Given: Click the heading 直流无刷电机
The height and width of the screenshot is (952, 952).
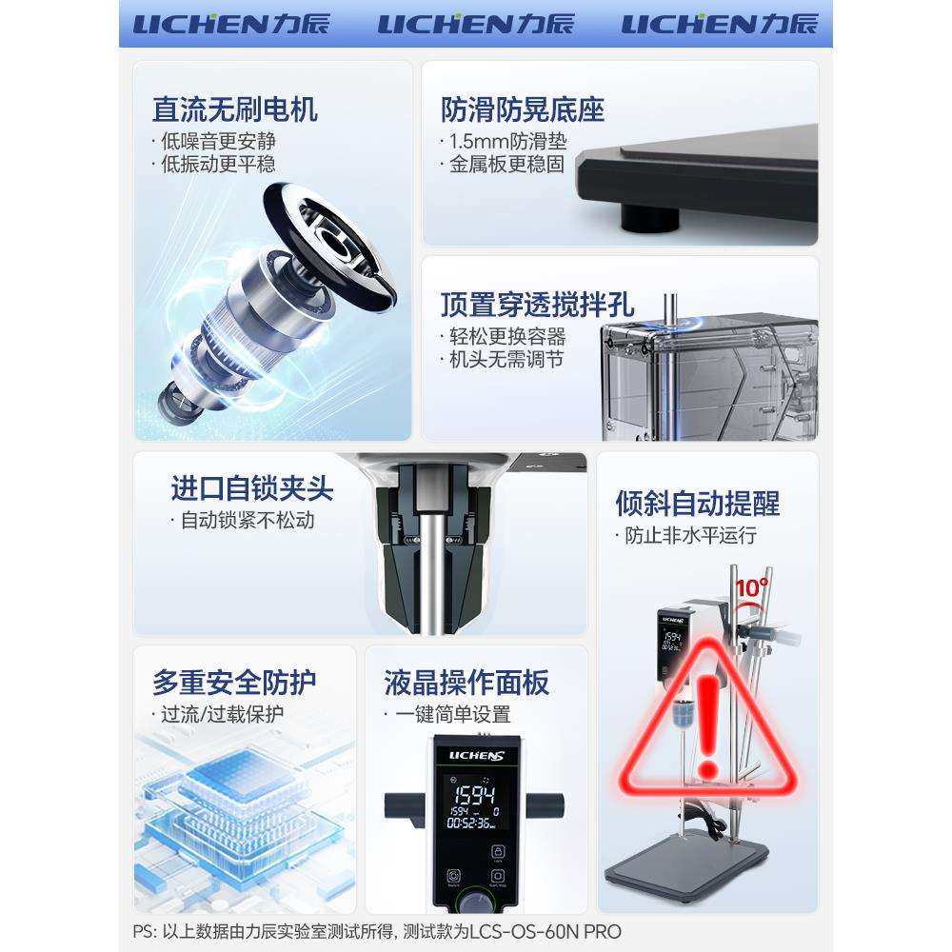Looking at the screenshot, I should coord(234,109).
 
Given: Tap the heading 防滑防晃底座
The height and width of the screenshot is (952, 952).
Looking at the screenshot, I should coord(523,109).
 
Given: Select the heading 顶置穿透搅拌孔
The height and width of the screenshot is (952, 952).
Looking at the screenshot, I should coord(537,305).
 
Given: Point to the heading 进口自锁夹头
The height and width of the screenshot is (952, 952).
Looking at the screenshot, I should coord(252,488).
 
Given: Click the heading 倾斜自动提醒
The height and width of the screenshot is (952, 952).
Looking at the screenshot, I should coord(698,503).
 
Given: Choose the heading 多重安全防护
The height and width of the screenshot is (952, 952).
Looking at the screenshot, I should coord(234,682).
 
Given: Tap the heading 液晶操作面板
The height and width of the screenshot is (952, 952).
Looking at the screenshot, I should coord(466,682).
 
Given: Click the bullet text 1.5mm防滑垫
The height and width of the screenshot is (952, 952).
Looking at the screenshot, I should coord(507,142).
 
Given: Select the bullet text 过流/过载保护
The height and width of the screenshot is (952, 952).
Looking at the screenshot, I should coord(222,714).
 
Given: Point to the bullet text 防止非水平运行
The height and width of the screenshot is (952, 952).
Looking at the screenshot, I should coord(690,536).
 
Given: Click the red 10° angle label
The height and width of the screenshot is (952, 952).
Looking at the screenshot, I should coord(751,587).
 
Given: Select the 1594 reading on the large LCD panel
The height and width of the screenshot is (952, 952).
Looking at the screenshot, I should coord(473,795).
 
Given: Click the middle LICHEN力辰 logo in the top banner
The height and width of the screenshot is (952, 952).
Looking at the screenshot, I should coord(476,24).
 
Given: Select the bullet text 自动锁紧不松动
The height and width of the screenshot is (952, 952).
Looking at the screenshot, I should coord(247,521).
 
